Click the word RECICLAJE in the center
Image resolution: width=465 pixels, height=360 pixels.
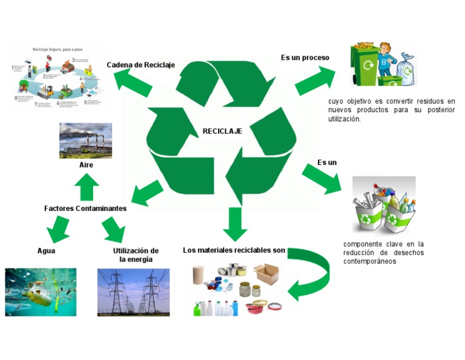(222, 131)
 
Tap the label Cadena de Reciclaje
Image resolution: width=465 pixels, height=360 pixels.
(140, 65)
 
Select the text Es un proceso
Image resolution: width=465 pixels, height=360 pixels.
(305, 58)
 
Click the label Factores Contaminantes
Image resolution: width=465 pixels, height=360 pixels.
(85, 208)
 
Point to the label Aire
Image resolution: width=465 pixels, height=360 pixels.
(86, 165)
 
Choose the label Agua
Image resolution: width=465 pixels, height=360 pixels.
(46, 250)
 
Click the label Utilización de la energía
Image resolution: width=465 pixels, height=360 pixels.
(136, 255)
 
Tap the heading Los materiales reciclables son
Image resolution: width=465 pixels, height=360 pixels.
(234, 250)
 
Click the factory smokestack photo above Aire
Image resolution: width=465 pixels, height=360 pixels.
(85, 141)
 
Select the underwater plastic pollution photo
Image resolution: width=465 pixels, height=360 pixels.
(41, 292)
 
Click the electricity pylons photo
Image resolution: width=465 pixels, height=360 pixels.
(133, 292)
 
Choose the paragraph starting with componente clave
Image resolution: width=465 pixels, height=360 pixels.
(383, 253)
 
